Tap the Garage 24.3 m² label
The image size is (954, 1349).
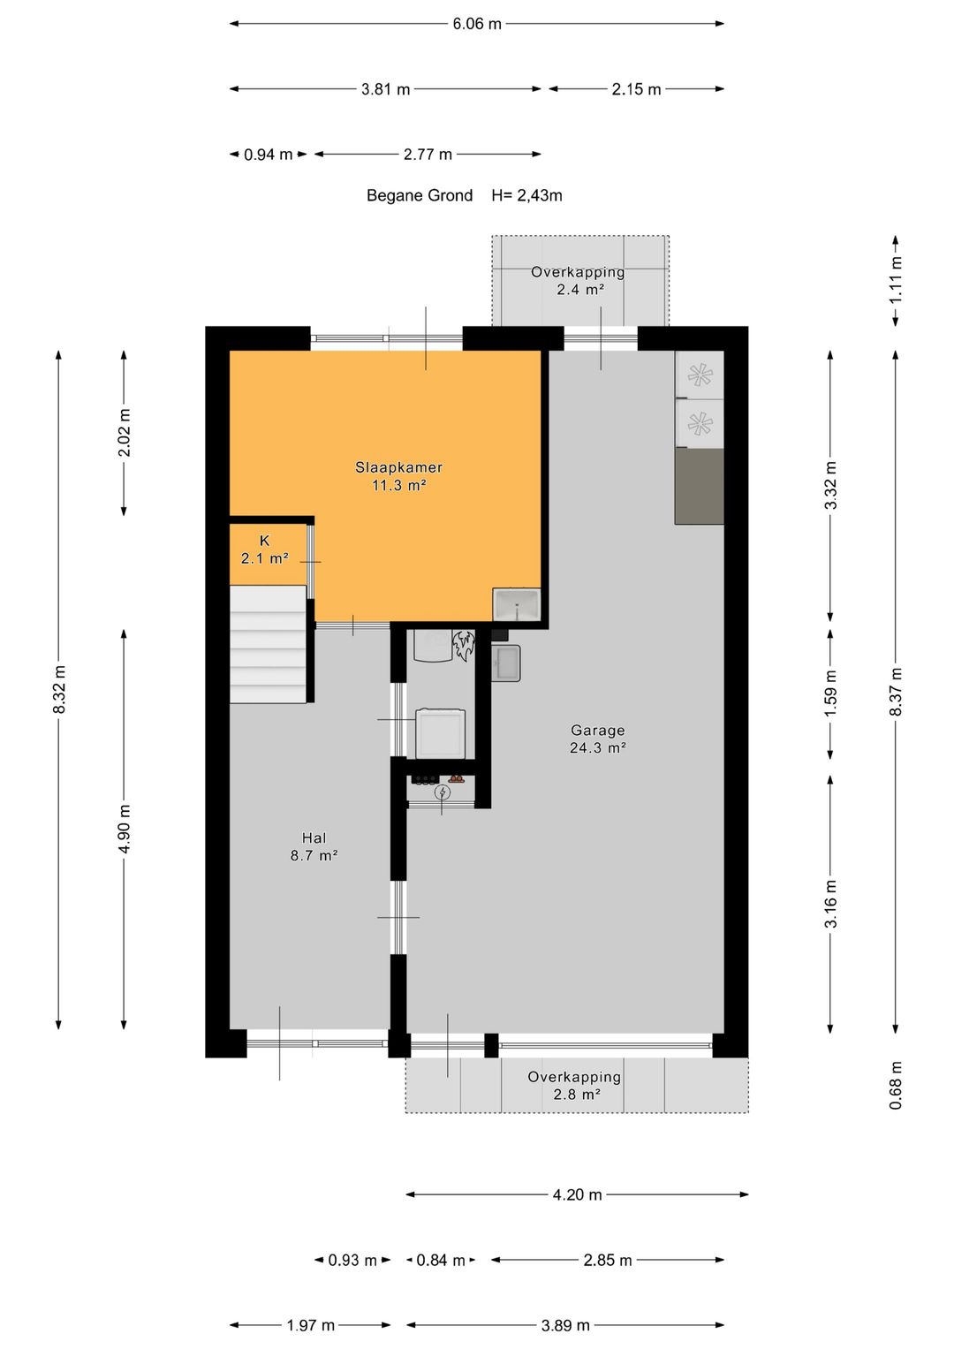point(597,739)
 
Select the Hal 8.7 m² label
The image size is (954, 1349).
point(314,846)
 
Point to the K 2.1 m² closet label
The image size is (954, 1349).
point(264,549)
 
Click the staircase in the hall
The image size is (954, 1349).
point(269,645)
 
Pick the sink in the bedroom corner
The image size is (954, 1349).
point(517,606)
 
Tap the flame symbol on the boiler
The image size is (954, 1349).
point(463,645)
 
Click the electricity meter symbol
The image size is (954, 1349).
point(442,792)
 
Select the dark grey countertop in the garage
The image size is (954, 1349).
point(699,486)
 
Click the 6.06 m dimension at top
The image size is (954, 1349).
point(477,24)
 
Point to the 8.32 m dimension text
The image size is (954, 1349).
point(59,689)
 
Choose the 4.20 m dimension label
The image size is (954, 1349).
point(577,1194)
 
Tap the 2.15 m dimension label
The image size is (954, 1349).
point(636,89)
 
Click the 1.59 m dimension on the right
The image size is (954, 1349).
point(830,693)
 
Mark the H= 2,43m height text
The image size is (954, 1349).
point(526,195)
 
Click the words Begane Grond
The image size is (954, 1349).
point(420,195)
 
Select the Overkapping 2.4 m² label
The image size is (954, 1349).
point(579,281)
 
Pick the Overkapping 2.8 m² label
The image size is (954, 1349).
point(575,1085)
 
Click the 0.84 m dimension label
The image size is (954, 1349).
point(440,1260)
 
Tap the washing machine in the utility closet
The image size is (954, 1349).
point(440,732)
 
